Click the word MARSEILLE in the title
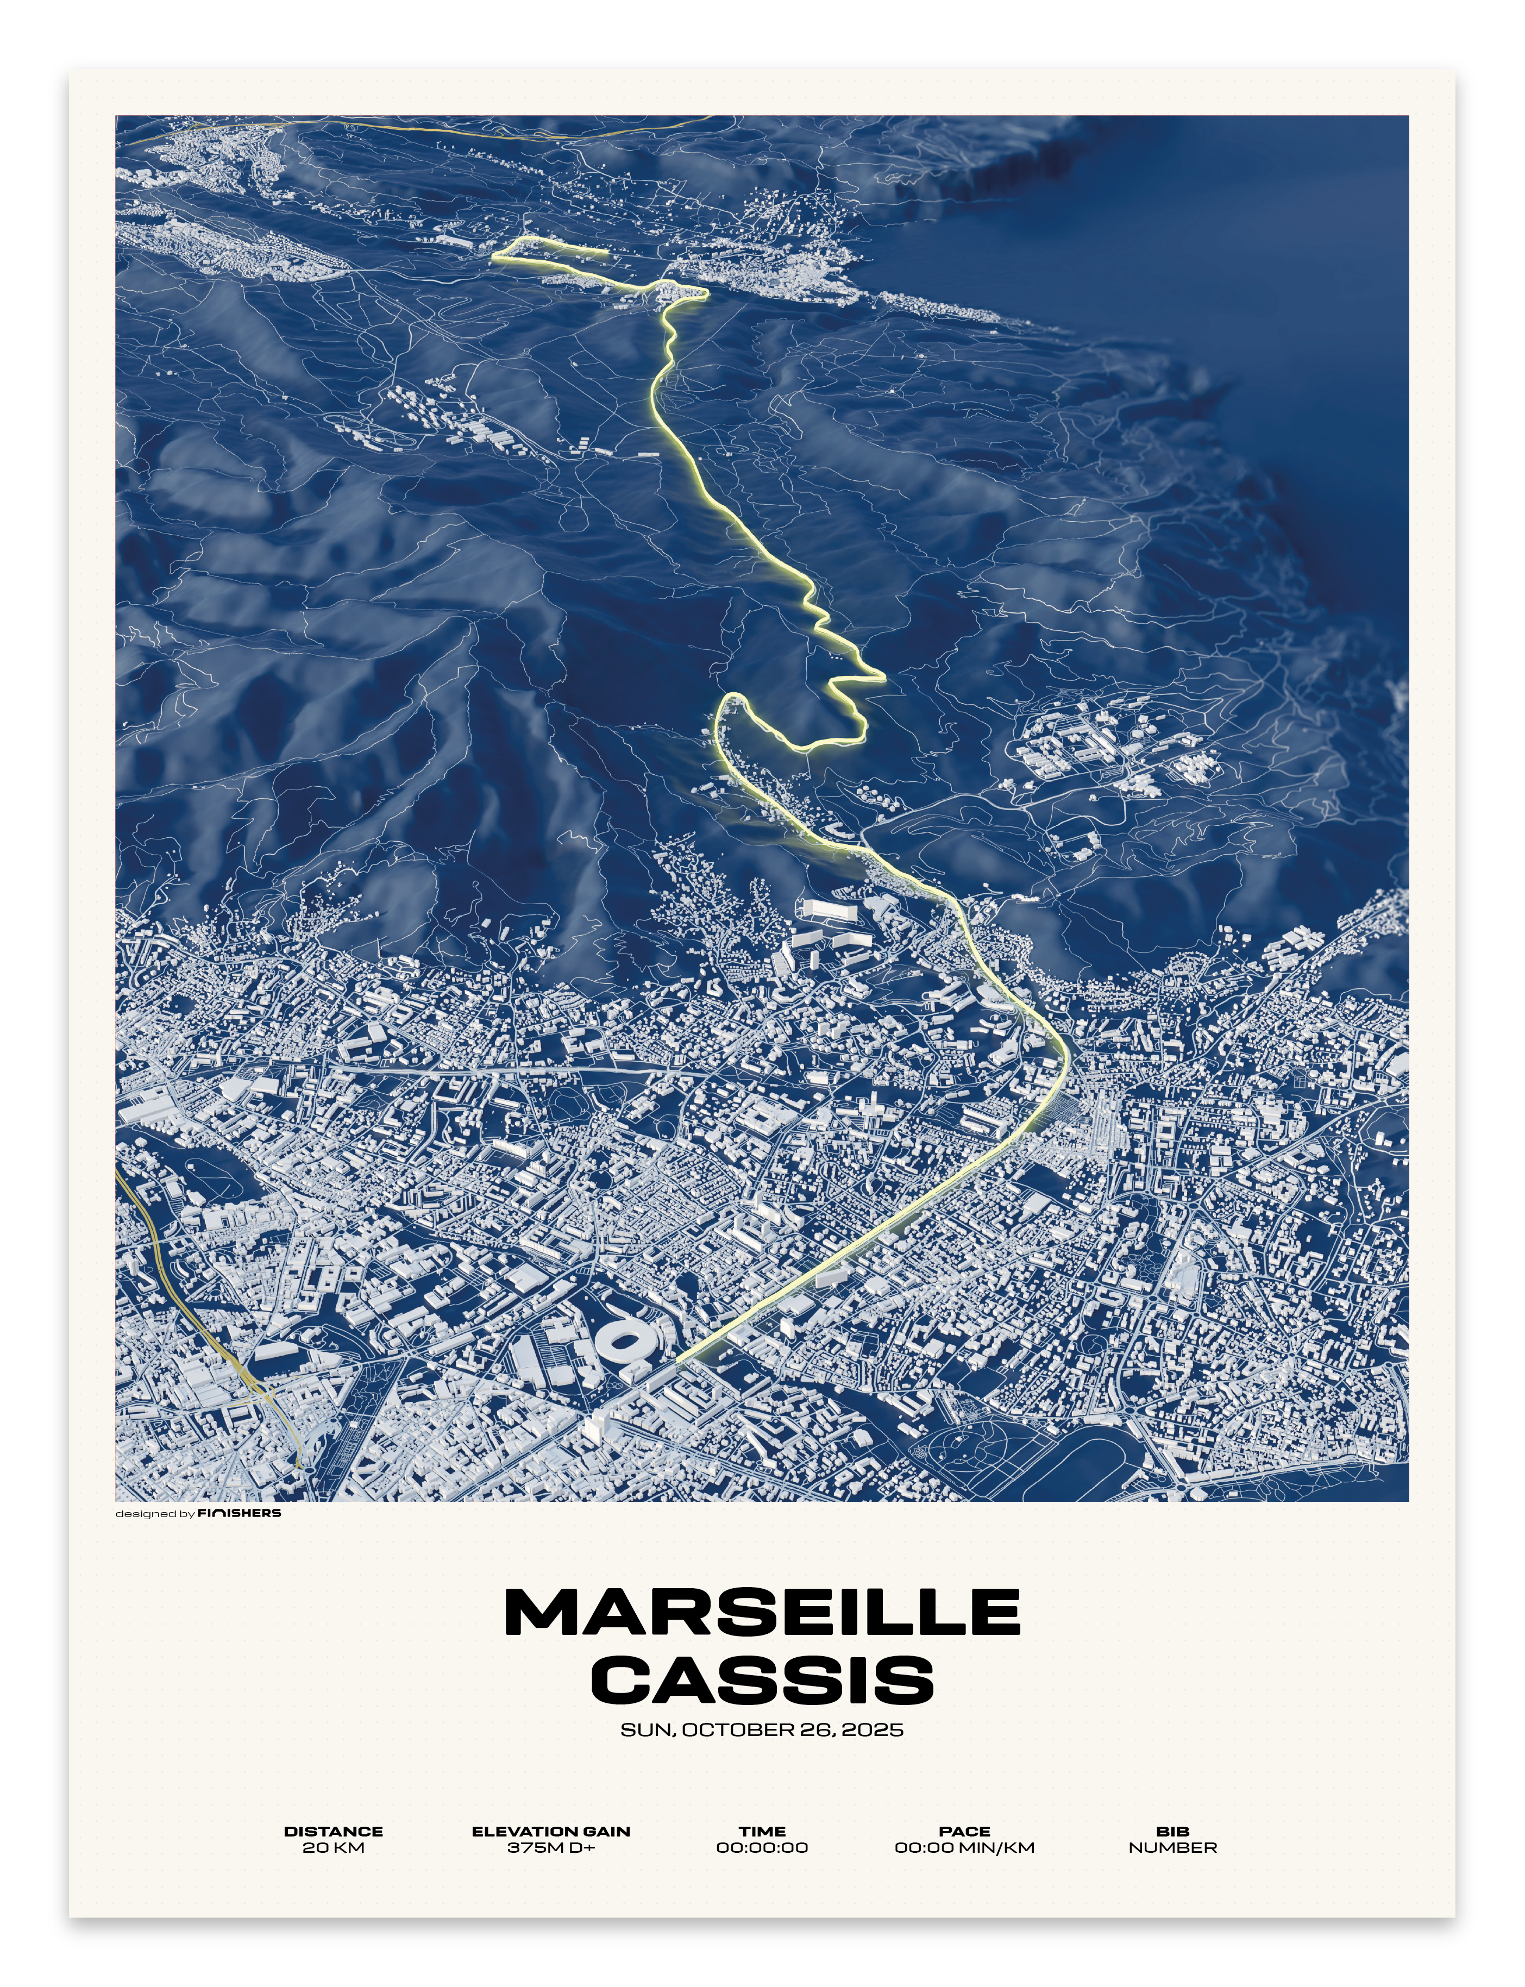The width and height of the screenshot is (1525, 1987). pos(763,1612)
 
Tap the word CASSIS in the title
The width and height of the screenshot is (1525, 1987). pos(763,1679)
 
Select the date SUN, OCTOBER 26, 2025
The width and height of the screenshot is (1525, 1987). pos(763,1730)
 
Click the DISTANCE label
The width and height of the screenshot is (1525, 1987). pos(333,1832)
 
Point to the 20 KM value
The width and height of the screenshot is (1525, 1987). pos(333,1848)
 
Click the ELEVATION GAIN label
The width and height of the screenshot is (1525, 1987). pos(551,1832)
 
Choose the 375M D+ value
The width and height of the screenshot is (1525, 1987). pos(551,1848)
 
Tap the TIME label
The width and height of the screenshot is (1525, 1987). pos(763,1832)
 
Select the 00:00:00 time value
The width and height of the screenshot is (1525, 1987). pos(763,1848)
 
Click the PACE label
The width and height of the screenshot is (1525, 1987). pos(965,1832)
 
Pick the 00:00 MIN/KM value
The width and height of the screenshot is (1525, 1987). pos(965,1848)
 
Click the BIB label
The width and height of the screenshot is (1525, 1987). pos(1173,1832)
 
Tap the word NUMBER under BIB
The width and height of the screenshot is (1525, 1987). pos(1173,1848)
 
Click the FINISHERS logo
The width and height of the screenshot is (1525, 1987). pos(240,1513)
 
